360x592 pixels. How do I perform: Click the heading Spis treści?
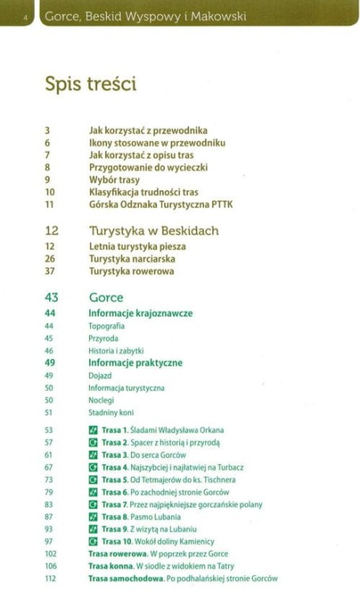click(x=91, y=84)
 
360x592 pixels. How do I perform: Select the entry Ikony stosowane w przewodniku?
click(x=157, y=143)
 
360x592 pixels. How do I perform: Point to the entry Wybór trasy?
click(x=114, y=179)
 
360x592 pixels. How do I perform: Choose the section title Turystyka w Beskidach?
click(x=153, y=231)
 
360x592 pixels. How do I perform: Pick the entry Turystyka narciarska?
click(x=132, y=258)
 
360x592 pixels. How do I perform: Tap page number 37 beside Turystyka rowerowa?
click(x=50, y=271)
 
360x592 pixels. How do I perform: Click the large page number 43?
click(x=51, y=298)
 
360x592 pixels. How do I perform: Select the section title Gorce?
click(x=106, y=298)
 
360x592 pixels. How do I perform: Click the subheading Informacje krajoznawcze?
click(x=141, y=313)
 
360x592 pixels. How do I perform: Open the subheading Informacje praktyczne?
click(x=135, y=362)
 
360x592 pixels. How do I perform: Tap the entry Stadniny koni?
click(x=111, y=412)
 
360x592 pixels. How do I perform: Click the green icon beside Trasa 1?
click(x=93, y=430)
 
